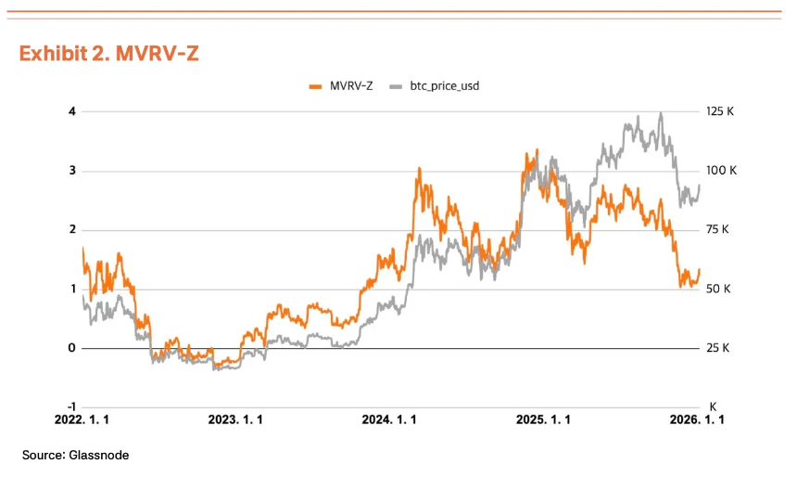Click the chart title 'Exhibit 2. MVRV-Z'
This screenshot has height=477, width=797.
[x=108, y=54]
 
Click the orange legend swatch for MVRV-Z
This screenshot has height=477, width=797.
[x=315, y=86]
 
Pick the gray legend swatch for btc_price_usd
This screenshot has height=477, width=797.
[x=396, y=86]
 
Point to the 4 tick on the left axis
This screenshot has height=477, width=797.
[x=71, y=111]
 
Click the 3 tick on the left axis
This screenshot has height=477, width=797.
[x=71, y=171]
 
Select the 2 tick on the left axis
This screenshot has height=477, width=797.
[x=71, y=230]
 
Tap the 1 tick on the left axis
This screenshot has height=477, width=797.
[x=71, y=289]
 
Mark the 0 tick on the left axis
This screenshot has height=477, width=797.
[x=71, y=348]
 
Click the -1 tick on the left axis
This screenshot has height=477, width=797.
[x=70, y=406]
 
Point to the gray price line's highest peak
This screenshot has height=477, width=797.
[x=660, y=113]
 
